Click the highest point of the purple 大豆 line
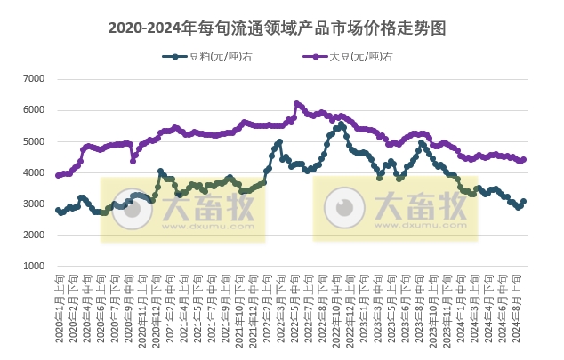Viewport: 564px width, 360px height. (x=296, y=103)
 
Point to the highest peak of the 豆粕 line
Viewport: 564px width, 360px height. (x=342, y=125)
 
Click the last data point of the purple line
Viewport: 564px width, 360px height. (x=524, y=160)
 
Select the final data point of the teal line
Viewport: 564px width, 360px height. (x=524, y=202)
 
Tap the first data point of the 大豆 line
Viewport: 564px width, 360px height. (x=58, y=176)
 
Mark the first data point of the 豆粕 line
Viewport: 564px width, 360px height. (x=58, y=211)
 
